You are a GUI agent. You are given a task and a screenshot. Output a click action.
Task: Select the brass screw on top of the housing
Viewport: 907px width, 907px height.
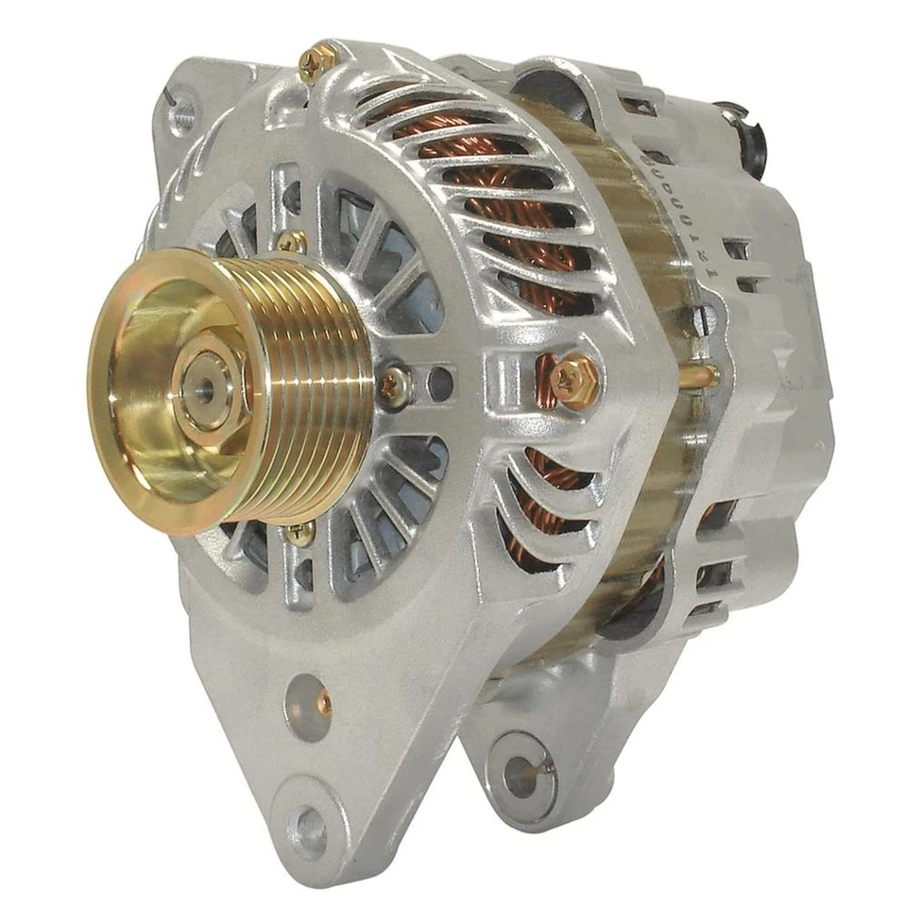tap(317, 62)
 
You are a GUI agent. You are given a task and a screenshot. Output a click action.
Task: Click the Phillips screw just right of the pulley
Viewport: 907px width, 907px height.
tap(395, 385)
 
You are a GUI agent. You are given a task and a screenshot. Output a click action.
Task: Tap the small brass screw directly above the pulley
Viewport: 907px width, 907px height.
tap(292, 242)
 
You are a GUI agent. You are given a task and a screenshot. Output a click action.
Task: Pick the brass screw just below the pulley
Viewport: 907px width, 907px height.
tap(300, 533)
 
